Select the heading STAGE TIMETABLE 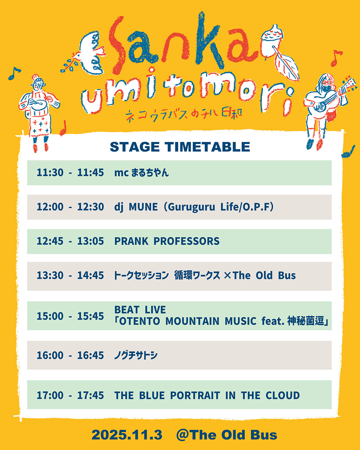pos(180,147)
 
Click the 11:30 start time pos(50,173)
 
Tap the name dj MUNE pos(136,207)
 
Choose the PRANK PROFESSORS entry pos(167,241)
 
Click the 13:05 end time pos(91,241)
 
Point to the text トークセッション pos(142,276)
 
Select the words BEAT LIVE pos(140,309)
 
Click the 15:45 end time pos(91,316)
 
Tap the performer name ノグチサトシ pos(136,355)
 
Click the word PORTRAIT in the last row pos(195,395)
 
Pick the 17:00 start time pos(50,395)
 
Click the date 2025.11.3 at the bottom pos(127,435)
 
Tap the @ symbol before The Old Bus pos(183,435)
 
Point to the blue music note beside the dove pos(14,73)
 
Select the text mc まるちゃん pos(142,173)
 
